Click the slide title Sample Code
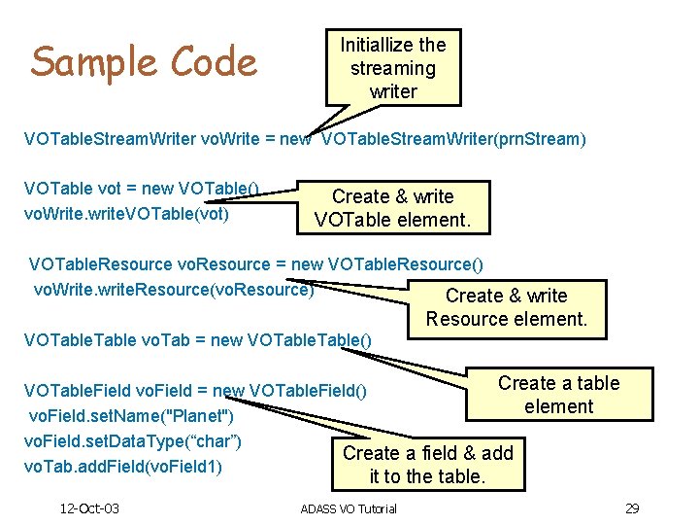click(144, 62)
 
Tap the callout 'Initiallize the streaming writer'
click(393, 68)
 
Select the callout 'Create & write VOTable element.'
click(393, 208)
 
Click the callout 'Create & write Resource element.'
click(506, 307)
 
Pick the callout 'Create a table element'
click(558, 395)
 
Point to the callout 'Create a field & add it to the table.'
click(427, 465)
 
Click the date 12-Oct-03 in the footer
click(88, 508)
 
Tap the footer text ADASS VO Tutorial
click(349, 509)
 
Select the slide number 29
click(631, 508)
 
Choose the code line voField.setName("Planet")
click(130, 416)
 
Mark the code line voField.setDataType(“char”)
click(135, 441)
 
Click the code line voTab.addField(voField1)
click(124, 467)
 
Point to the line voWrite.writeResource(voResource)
click(174, 289)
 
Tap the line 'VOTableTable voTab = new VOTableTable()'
click(197, 339)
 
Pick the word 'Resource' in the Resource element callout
click(463, 319)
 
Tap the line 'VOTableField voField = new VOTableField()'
click(195, 391)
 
